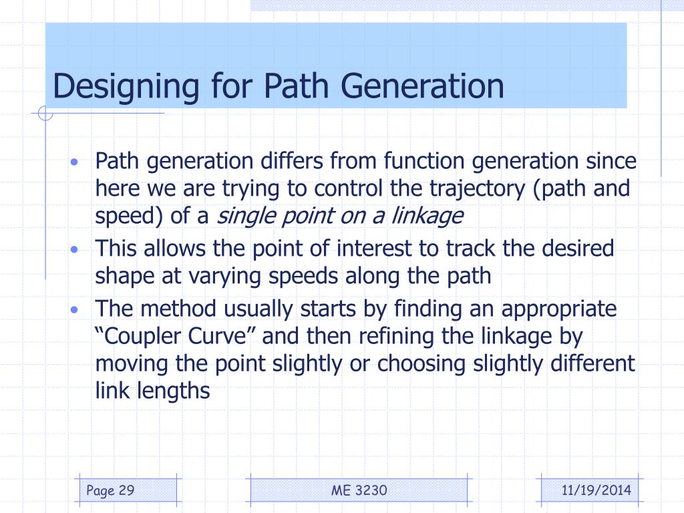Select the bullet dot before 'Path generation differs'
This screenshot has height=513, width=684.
pos(75,163)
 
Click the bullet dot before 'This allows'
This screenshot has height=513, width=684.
pos(75,250)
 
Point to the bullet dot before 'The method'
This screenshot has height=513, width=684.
pos(75,310)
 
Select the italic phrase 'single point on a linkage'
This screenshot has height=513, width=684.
pos(340,216)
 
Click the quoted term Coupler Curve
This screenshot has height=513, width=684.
pos(176,336)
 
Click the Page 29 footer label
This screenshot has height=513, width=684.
pos(111,492)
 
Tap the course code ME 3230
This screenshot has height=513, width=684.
pos(359,492)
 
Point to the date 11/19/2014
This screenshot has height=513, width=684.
pos(595,492)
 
